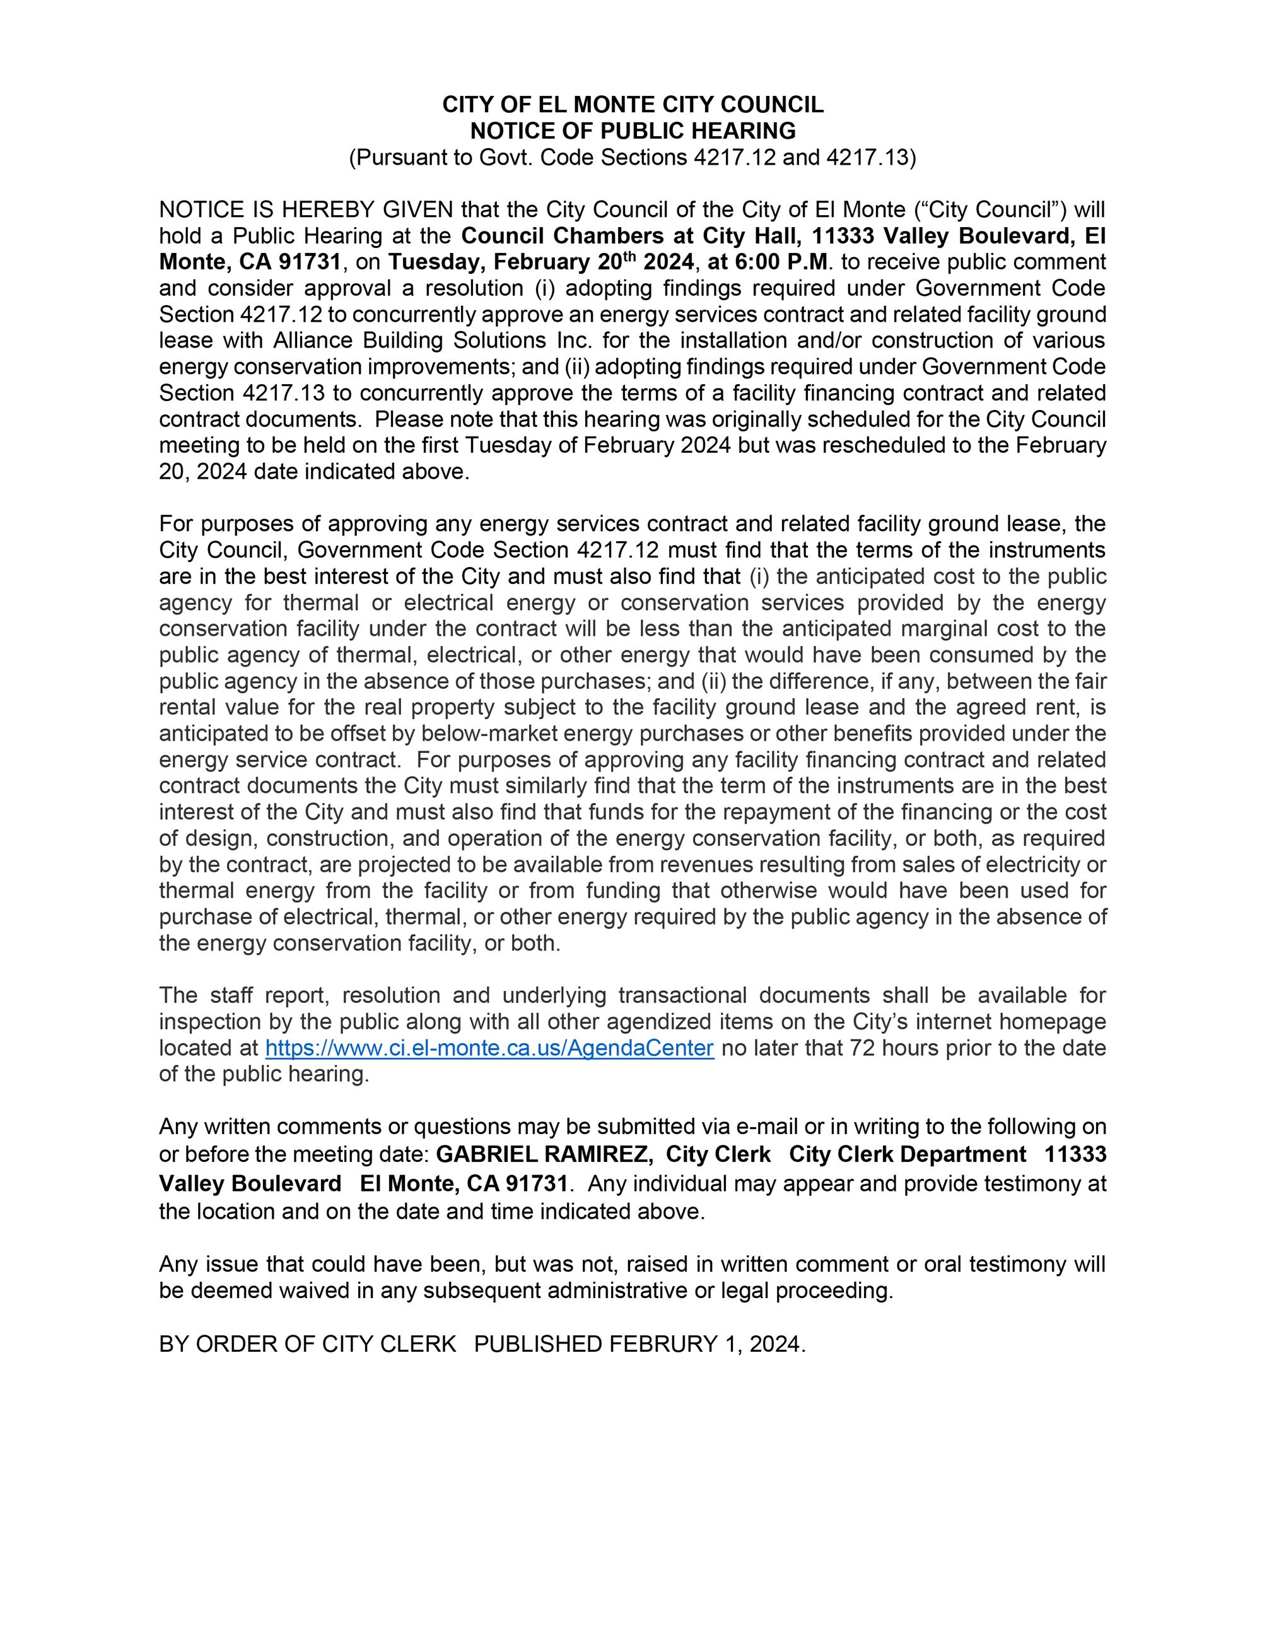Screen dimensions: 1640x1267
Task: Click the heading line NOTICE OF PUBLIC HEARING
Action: (633, 131)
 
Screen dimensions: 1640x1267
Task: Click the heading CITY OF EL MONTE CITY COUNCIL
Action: (633, 105)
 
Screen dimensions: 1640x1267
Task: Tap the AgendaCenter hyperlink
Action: (489, 1048)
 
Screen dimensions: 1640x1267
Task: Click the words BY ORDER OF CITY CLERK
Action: (308, 1344)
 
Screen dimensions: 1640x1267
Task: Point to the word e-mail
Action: (766, 1127)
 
